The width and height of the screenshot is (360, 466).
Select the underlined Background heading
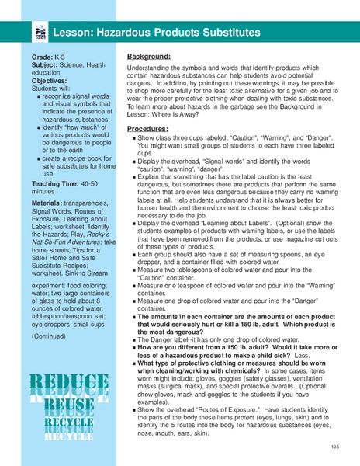pyautogui.click(x=149, y=57)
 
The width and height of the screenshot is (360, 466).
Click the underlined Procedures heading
pyautogui.click(x=147, y=127)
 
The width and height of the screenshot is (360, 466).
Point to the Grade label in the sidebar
pyautogui.click(x=42, y=57)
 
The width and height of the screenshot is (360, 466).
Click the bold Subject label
pyautogui.click(x=45, y=65)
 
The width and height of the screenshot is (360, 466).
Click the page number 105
pyautogui.click(x=334, y=447)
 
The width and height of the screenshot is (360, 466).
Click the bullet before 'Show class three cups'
pyautogui.click(x=133, y=137)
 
